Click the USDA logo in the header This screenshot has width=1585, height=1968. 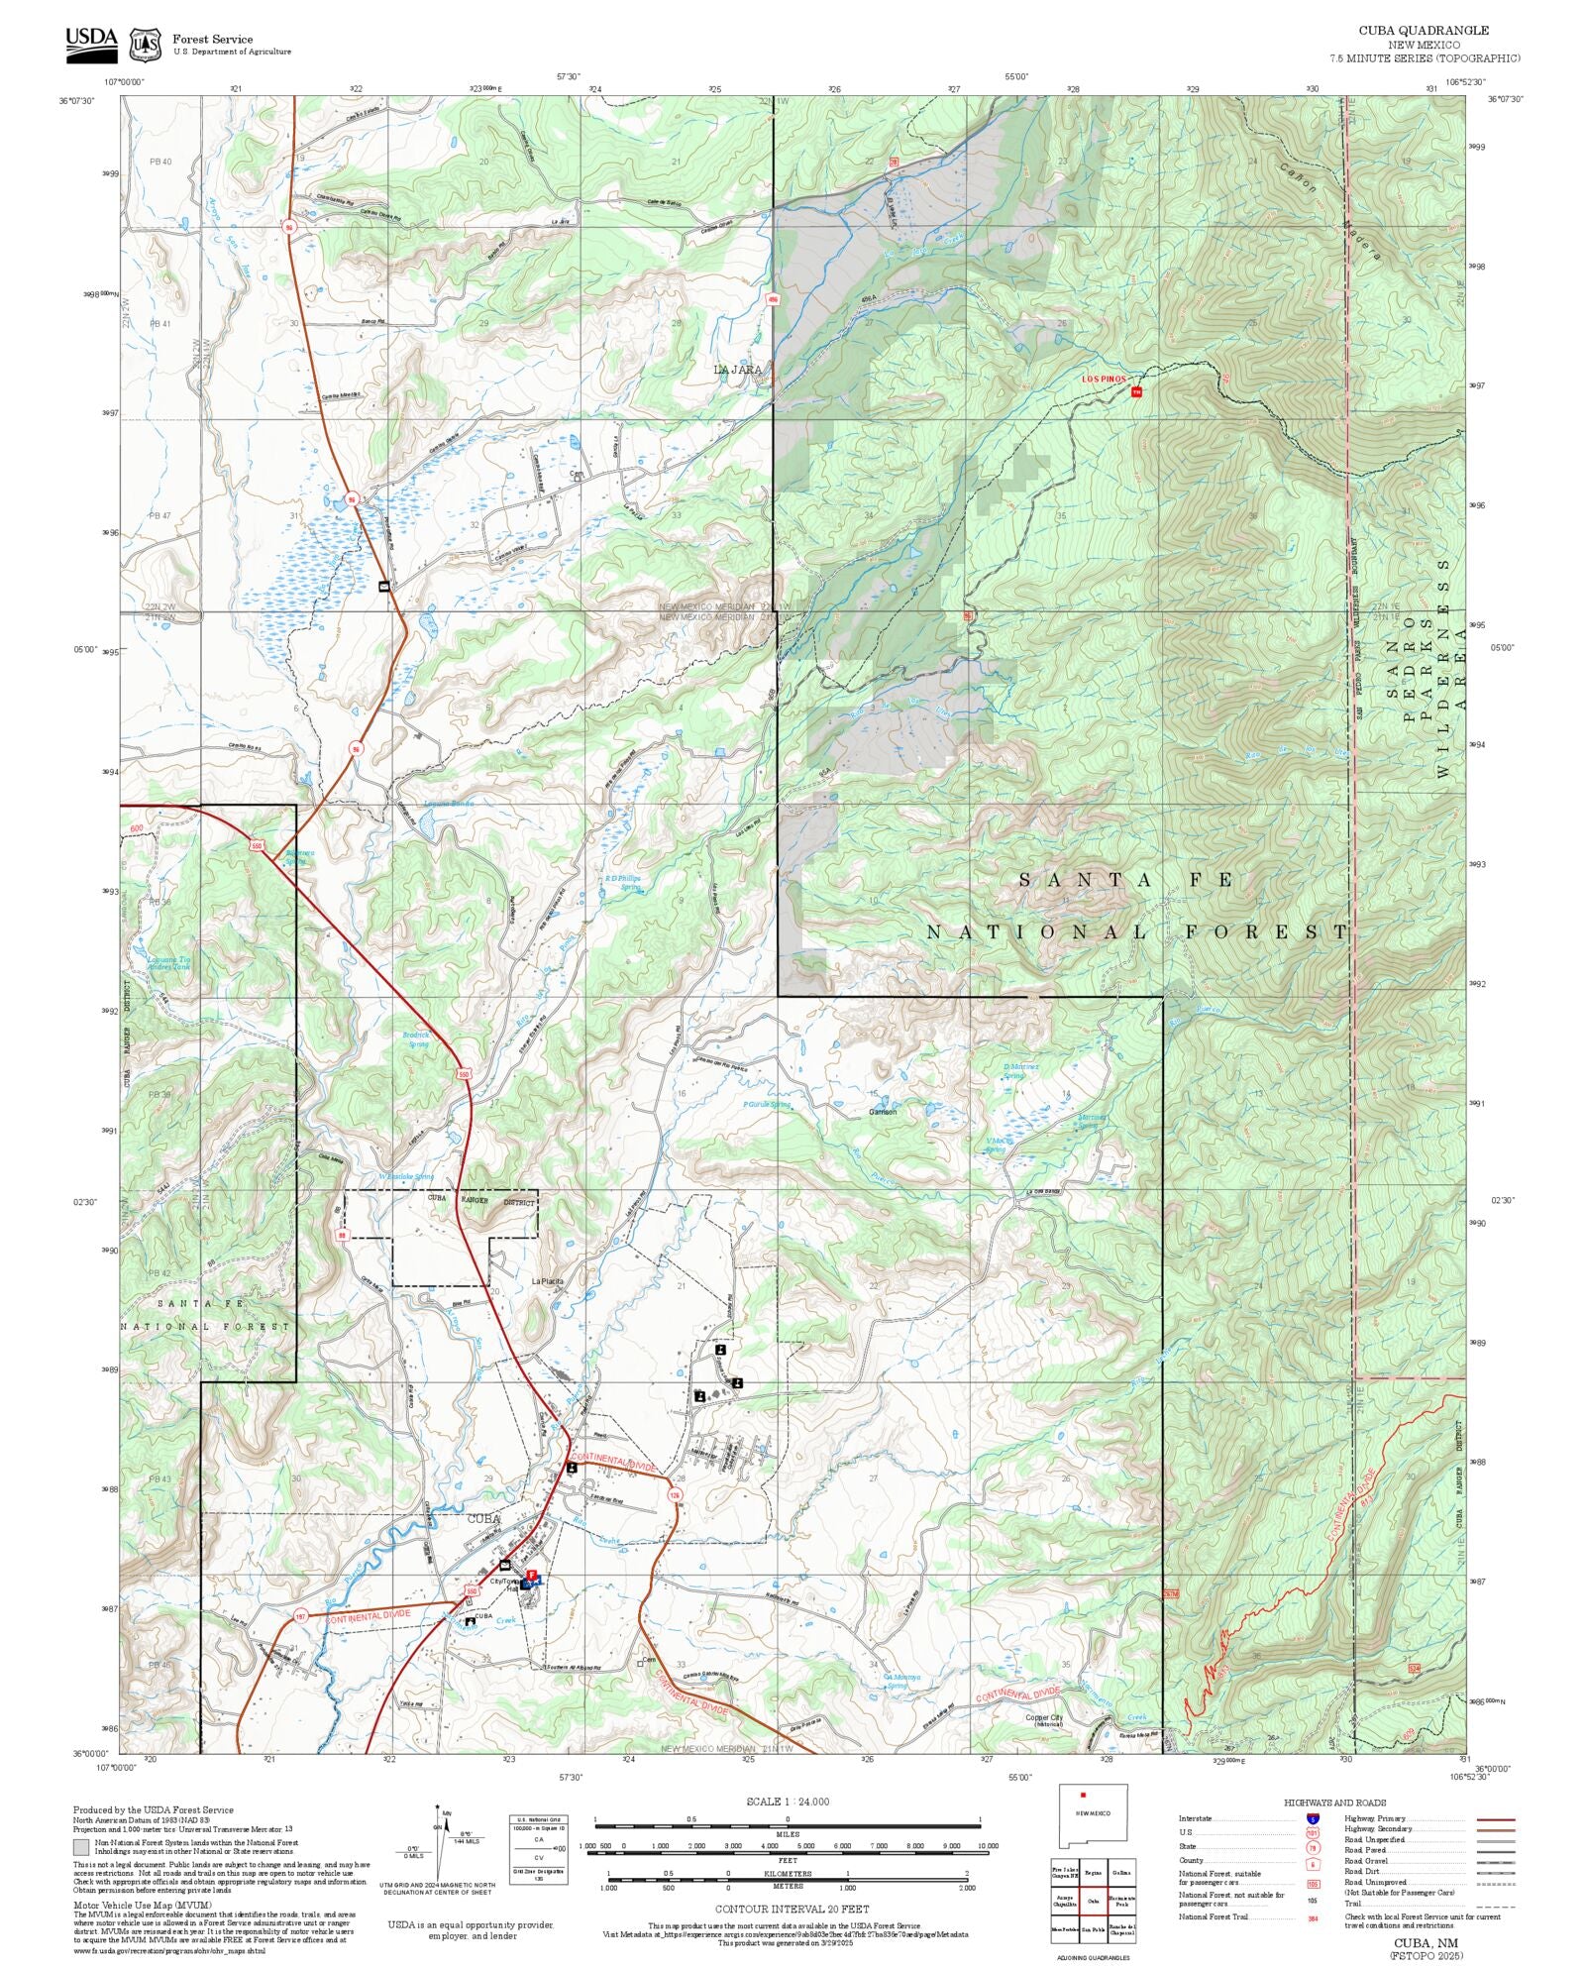(91, 44)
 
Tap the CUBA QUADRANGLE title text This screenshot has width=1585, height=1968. (1424, 31)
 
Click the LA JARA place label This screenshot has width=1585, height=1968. (738, 370)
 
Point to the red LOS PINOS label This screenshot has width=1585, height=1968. (1103, 380)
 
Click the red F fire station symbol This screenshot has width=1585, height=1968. (531, 1575)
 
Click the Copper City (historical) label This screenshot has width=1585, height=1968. (1043, 1719)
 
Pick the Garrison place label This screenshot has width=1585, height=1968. (883, 1112)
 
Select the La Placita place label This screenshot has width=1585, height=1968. (547, 1281)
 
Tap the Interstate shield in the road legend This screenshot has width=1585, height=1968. (1313, 1819)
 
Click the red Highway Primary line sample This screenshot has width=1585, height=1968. (1495, 1819)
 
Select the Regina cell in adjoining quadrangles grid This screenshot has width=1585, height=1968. (1093, 1873)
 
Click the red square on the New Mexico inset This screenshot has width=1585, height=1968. (1084, 1795)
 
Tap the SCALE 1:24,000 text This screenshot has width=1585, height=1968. (788, 1802)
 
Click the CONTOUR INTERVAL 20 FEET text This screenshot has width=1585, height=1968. (792, 1909)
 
